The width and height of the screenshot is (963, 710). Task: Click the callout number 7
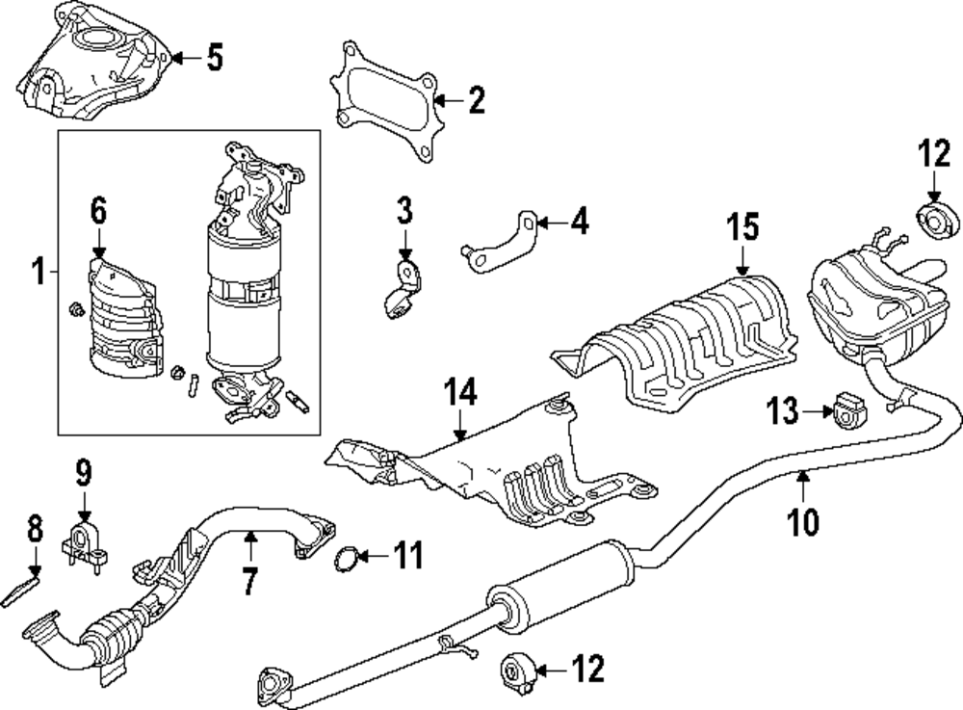[248, 580]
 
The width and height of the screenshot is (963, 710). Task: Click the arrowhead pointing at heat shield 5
[177, 58]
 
